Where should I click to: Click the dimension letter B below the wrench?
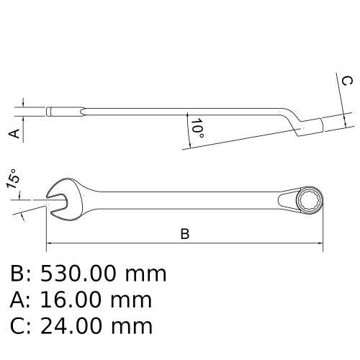184,234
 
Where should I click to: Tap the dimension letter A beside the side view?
12,133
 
